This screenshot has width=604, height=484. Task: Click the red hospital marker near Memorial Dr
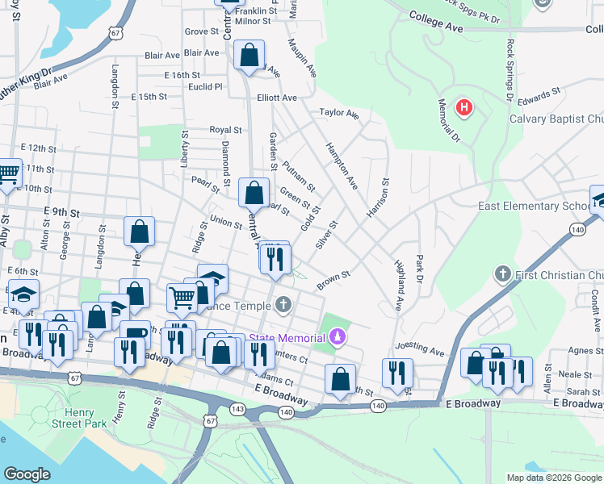tap(463, 107)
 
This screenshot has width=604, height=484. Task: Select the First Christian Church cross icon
tap(502, 275)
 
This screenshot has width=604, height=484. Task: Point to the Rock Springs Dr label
tap(510, 68)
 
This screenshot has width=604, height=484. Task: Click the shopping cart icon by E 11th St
tap(8, 173)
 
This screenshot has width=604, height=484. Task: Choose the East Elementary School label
tap(533, 207)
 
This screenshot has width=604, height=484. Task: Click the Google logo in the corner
tap(27, 474)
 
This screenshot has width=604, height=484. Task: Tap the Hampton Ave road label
tap(342, 166)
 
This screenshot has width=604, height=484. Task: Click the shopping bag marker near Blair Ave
tap(250, 56)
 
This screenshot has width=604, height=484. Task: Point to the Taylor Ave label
tap(338, 113)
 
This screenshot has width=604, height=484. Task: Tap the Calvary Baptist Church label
tap(556, 119)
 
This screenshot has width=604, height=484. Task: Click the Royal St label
tap(225, 129)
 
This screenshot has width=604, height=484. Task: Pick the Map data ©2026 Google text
tap(554, 478)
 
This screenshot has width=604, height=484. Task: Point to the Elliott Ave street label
tap(278, 98)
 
